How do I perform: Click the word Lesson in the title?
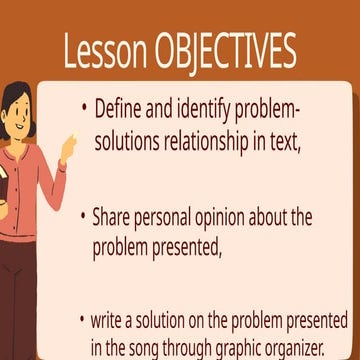[103, 52]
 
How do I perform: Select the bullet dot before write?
[83, 322]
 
